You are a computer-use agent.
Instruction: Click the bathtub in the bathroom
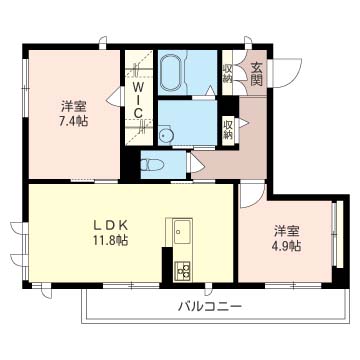172,72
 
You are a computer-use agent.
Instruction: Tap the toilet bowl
152,165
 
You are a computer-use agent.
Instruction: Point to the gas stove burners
182,270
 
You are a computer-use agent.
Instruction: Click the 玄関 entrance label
256,74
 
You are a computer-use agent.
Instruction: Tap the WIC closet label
138,100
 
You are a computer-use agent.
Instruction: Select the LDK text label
110,226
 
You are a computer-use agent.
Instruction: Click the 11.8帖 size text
110,240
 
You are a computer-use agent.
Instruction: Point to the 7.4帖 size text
74,121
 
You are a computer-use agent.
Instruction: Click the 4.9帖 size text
287,246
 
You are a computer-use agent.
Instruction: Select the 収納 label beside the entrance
228,72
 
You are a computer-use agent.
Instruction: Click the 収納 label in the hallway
228,129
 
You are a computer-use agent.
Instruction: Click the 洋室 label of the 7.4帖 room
74,107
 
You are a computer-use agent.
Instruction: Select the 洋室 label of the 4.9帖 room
287,231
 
